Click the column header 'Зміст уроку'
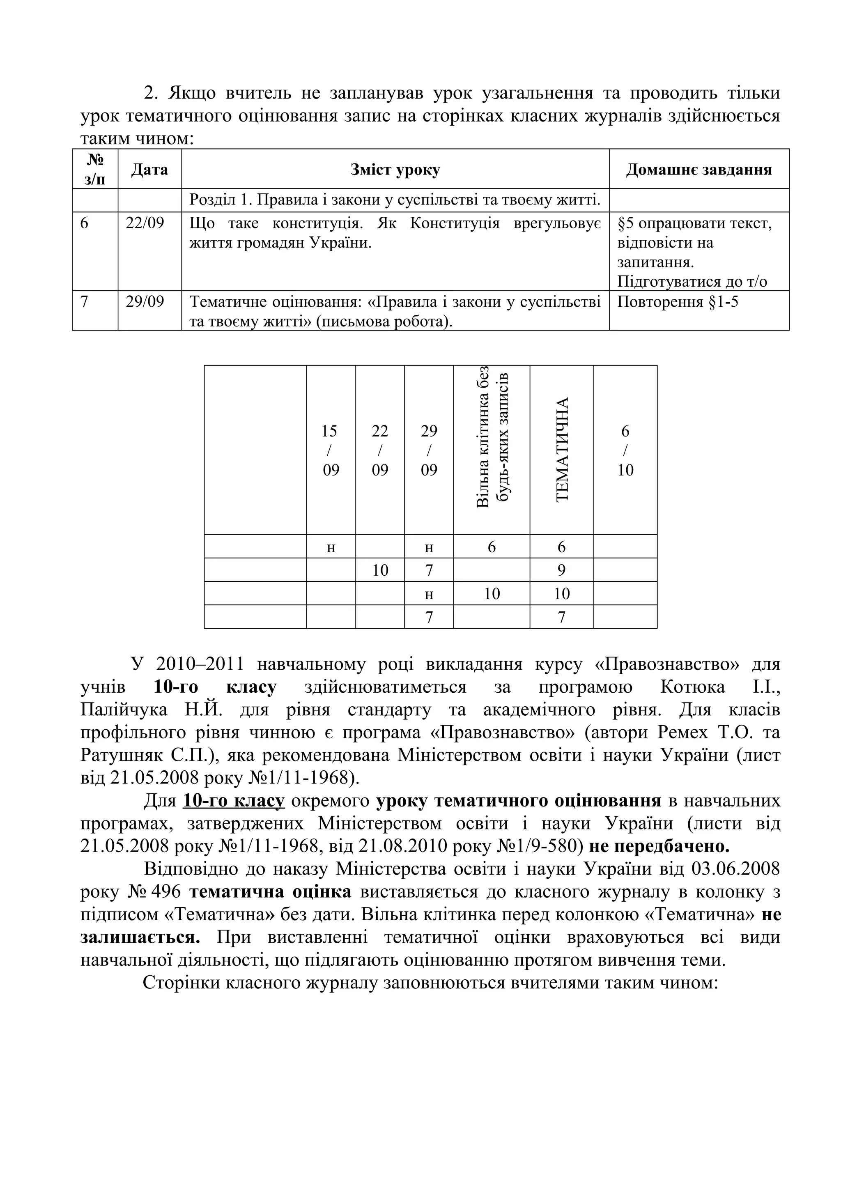(x=395, y=170)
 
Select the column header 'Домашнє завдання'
(x=699, y=170)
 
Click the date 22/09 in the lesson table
(x=145, y=223)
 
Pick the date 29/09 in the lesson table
(x=145, y=302)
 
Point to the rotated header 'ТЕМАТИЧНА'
(x=562, y=449)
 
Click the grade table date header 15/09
(x=331, y=450)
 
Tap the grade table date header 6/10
(x=625, y=450)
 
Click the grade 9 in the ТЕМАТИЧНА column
(x=561, y=570)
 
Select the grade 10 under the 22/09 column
(x=380, y=570)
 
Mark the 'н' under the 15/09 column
(x=331, y=547)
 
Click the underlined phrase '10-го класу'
(x=233, y=801)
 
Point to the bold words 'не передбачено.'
(x=659, y=846)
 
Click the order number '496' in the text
(x=167, y=892)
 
